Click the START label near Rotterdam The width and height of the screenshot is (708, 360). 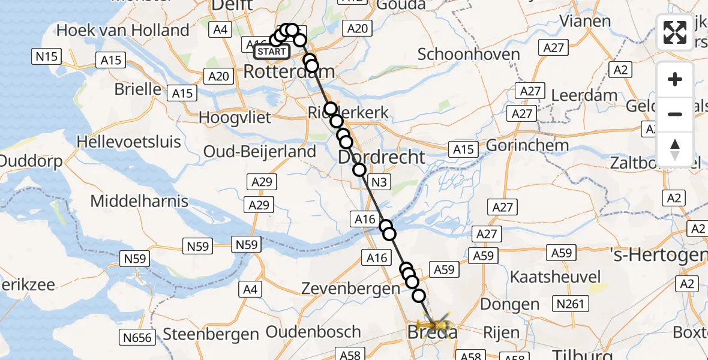pyautogui.click(x=271, y=52)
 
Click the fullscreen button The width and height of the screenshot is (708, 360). pyautogui.click(x=675, y=32)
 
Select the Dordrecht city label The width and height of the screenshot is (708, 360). pyautogui.click(x=382, y=157)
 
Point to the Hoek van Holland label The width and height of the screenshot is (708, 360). pyautogui.click(x=123, y=30)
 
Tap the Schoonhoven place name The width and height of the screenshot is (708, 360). pyautogui.click(x=469, y=54)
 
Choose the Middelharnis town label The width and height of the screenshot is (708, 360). pyautogui.click(x=139, y=201)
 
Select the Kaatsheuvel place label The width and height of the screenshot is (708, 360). pyautogui.click(x=555, y=277)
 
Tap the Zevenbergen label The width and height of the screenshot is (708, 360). pyautogui.click(x=352, y=289)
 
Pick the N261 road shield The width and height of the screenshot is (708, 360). pyautogui.click(x=569, y=304)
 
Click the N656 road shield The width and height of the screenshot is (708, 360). pyautogui.click(x=137, y=337)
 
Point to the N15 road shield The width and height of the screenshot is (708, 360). pyautogui.click(x=46, y=57)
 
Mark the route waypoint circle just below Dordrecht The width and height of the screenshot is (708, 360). pyautogui.click(x=359, y=170)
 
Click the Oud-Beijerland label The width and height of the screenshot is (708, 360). pyautogui.click(x=260, y=151)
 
